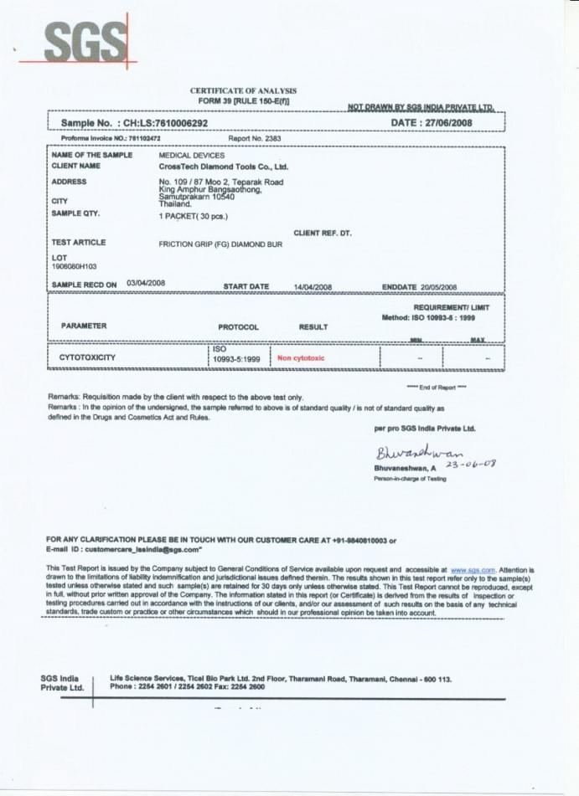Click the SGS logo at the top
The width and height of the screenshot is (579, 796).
85,41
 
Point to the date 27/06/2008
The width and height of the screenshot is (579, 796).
449,122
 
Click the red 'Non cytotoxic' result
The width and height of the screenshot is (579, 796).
301,357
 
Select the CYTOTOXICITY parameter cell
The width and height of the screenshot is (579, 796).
87,357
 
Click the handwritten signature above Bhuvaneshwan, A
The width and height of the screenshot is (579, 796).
419,455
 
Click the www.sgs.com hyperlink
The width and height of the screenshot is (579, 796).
473,569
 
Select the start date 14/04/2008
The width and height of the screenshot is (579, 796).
313,287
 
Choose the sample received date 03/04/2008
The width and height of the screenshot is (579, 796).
146,284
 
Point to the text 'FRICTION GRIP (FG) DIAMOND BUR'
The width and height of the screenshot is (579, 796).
220,244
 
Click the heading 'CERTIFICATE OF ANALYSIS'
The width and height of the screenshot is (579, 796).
243,90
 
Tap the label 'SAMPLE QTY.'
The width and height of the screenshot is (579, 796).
75,213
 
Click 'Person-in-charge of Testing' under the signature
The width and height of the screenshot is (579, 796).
410,479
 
